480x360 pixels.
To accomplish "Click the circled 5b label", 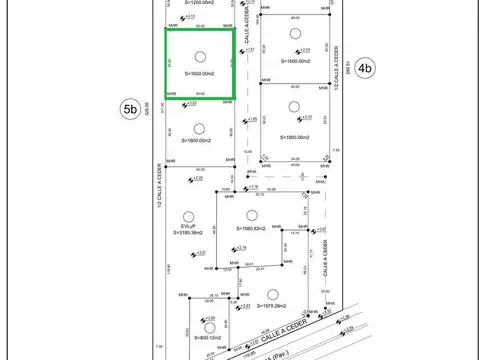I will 129,110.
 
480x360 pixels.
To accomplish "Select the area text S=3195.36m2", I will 188,233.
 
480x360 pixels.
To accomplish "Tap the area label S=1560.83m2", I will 258,229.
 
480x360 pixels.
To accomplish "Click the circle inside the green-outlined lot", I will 200,57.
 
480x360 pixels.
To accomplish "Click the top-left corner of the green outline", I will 166,29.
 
